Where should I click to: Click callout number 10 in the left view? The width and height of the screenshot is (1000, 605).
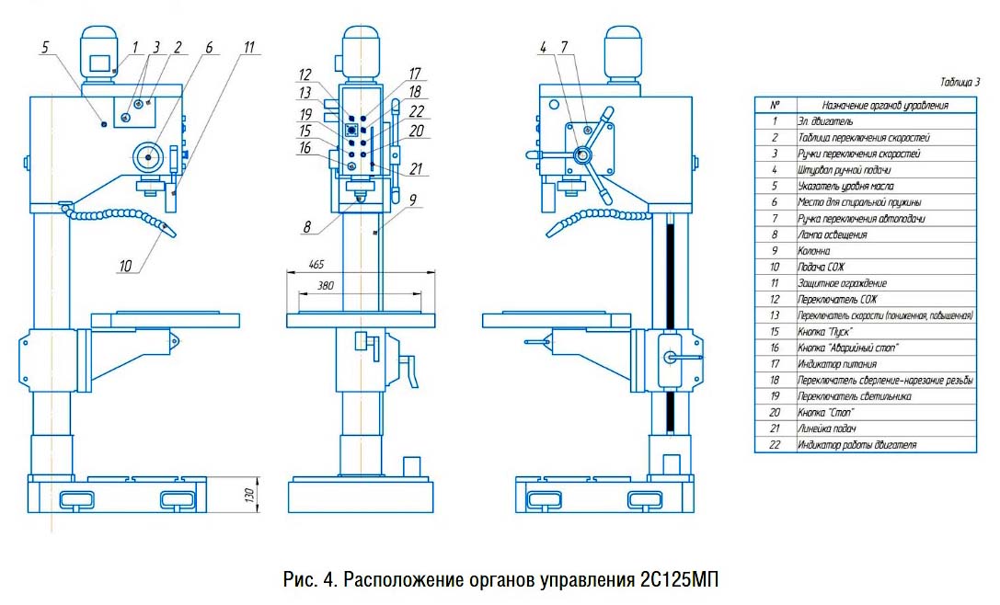pos(125,266)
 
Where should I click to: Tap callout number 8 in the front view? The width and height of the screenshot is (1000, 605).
pos(306,227)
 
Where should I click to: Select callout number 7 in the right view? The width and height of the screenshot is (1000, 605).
pos(564,47)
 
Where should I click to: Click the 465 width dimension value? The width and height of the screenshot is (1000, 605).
pos(316,264)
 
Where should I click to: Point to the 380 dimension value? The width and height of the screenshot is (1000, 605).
pos(326,286)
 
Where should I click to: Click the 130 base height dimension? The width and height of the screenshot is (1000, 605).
pos(249,494)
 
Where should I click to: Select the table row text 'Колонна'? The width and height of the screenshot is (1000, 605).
pos(814,250)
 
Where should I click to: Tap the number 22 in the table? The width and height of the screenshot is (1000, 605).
pos(775,445)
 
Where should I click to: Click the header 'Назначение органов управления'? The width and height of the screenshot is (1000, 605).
pos(885,105)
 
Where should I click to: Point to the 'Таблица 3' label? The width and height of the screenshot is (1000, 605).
pos(960,82)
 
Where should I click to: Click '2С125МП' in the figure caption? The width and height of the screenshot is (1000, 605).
pos(677,580)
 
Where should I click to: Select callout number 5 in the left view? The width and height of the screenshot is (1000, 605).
pos(45,47)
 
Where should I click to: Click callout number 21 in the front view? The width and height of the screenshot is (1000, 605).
pos(416,169)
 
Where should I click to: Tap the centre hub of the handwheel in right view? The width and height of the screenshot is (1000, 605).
pos(582,154)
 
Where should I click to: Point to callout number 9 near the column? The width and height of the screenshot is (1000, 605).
pos(413,200)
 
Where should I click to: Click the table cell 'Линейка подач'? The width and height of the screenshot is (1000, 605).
pos(826,428)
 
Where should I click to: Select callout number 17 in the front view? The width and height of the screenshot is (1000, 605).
pos(415,74)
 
